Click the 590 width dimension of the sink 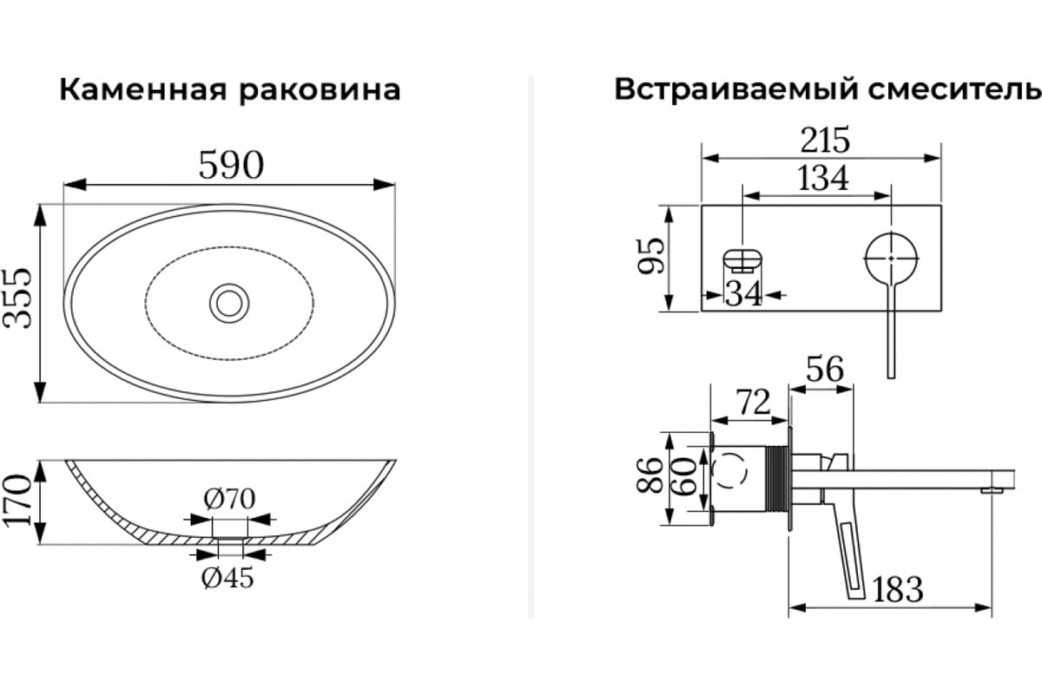[230, 165]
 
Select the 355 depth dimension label [18, 298]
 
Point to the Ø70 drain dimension [229, 501]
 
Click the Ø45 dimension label [228, 578]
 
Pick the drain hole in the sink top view [230, 302]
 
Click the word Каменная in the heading [140, 89]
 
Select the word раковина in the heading [320, 89]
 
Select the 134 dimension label [822, 178]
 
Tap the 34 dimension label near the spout [743, 294]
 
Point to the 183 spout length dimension [896, 590]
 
